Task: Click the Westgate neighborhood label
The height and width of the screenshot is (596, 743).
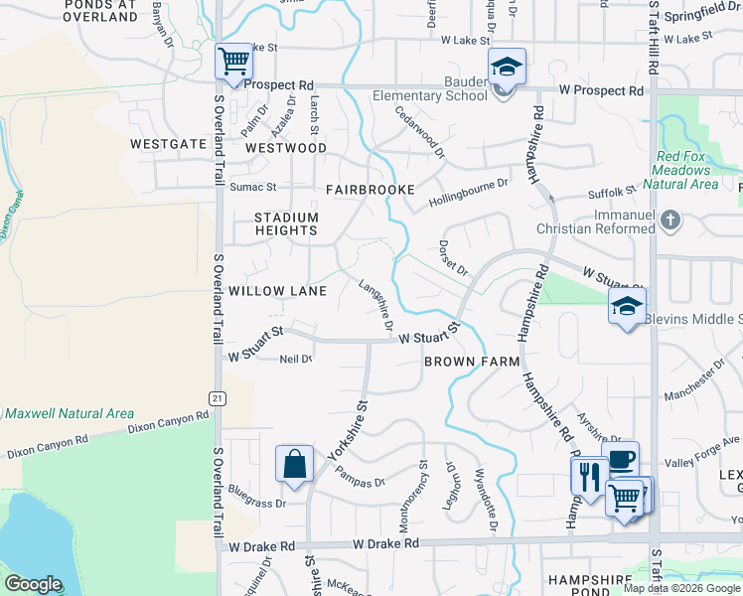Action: click(167, 144)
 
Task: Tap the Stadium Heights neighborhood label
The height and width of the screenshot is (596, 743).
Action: click(286, 223)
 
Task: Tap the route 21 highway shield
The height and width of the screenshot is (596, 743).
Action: click(216, 397)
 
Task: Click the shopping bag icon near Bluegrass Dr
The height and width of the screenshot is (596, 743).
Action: click(295, 464)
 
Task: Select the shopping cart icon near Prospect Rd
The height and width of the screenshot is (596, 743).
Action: click(234, 63)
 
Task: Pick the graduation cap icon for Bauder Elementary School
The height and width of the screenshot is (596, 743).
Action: click(507, 68)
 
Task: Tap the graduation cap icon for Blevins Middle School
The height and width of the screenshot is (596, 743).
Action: click(628, 307)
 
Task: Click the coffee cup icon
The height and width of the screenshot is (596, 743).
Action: click(620, 460)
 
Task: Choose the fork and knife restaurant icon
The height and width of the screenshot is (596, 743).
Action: click(589, 477)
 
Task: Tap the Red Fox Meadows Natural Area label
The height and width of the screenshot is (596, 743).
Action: click(685, 170)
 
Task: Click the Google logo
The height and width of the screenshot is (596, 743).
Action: click(33, 584)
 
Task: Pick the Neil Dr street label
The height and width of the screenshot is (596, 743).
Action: click(296, 359)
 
